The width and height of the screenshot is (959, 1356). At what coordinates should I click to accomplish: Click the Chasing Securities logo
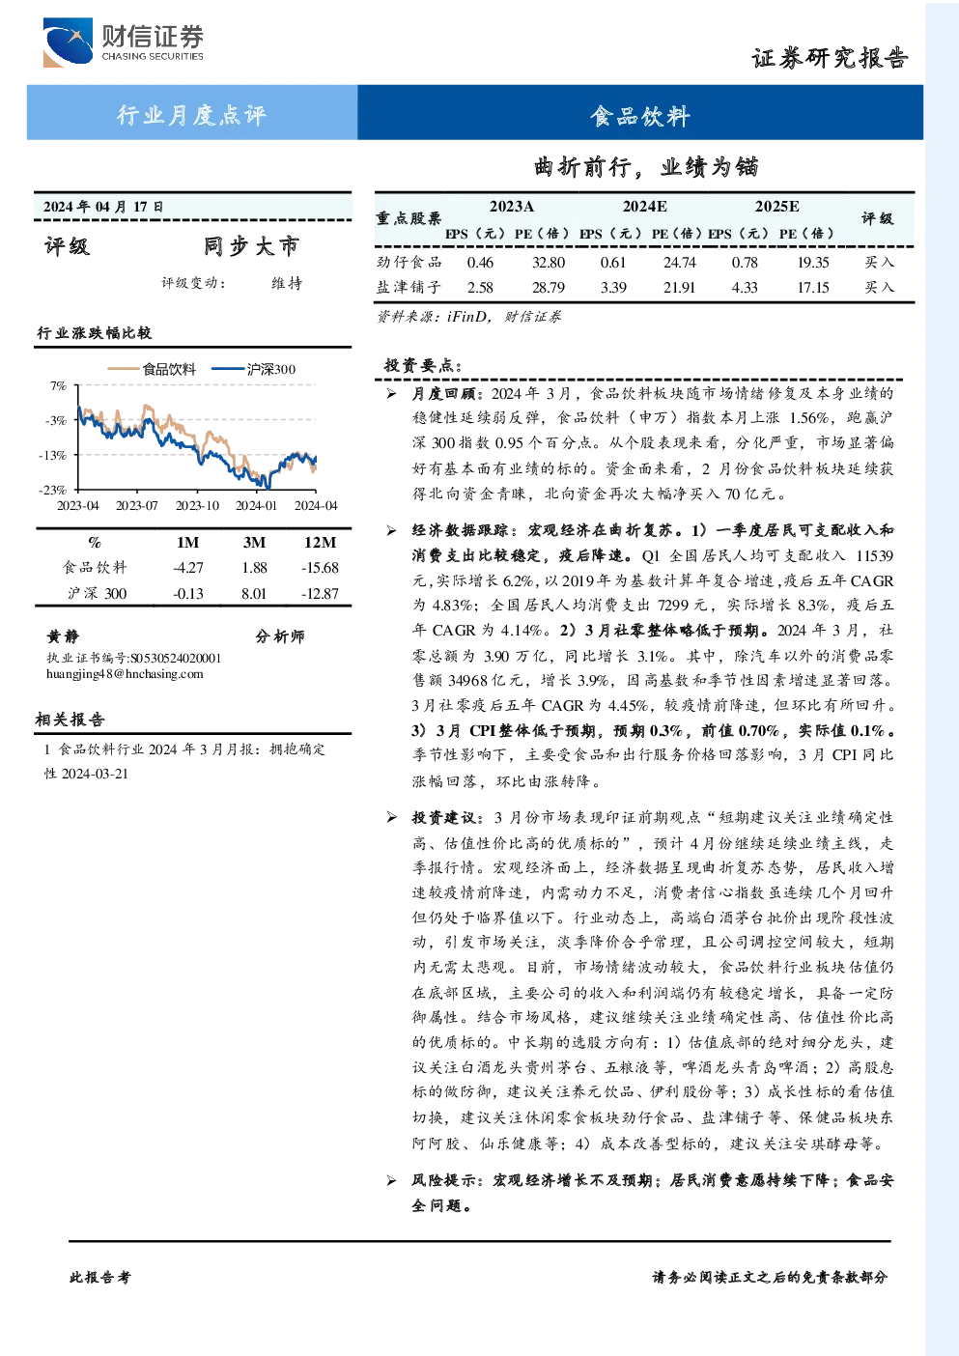[123, 42]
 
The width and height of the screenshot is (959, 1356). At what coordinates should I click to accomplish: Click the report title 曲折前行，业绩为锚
[645, 166]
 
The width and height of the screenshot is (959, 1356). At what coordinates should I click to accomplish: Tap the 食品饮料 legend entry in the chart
[152, 369]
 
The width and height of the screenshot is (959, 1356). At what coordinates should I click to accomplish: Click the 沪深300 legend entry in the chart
[254, 369]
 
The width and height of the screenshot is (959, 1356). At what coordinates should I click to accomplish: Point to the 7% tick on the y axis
[58, 385]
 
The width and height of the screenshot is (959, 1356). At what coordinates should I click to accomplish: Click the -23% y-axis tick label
[53, 490]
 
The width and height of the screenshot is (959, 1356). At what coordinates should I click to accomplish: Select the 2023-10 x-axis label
[197, 505]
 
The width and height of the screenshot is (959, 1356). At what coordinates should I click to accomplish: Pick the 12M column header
[320, 542]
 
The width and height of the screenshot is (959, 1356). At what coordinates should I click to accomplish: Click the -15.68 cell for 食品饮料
[320, 568]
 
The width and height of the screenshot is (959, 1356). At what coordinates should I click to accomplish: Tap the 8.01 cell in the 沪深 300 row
[254, 594]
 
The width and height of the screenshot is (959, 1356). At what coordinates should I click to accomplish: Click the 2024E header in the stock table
[644, 207]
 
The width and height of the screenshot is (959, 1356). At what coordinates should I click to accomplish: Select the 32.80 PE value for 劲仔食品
[548, 262]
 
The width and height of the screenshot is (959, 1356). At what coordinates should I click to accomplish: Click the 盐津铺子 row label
[409, 287]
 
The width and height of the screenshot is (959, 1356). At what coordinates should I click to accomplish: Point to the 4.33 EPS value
[744, 288]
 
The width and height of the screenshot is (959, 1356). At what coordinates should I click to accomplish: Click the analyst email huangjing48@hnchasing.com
[125, 674]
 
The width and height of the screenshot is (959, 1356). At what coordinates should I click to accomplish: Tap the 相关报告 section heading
[70, 720]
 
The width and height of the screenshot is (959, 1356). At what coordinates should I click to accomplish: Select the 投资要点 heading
[423, 365]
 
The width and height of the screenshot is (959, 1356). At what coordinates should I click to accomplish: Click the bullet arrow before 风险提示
[392, 1180]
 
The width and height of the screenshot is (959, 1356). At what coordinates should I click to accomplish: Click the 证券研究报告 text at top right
[830, 59]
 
